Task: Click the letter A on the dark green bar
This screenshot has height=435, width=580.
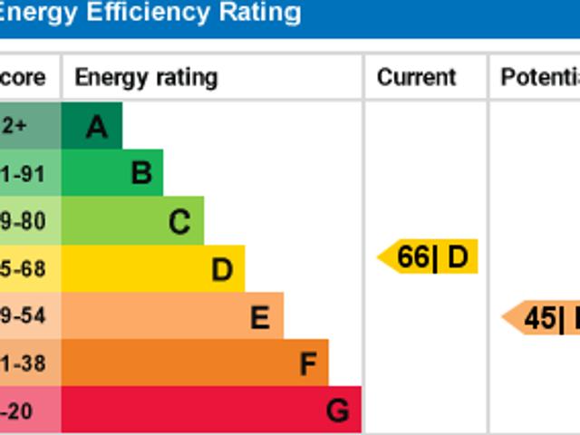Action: (x=97, y=127)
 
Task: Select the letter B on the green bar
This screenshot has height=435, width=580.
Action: (x=140, y=173)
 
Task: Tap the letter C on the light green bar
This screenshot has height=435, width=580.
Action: (x=179, y=221)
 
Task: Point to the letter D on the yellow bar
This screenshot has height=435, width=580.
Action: (x=222, y=269)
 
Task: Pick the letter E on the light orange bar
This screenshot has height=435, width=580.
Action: (x=260, y=317)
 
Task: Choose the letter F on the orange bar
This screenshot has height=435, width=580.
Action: (x=308, y=364)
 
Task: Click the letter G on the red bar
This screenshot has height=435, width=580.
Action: (x=337, y=411)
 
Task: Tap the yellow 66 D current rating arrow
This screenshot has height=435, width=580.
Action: (x=428, y=257)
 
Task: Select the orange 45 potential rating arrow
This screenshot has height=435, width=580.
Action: (x=542, y=318)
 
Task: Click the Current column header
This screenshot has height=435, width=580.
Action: (x=416, y=78)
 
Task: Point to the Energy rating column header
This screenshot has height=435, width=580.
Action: (x=146, y=78)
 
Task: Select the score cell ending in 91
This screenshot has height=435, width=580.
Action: (x=24, y=174)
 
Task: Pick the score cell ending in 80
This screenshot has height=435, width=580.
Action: (x=24, y=221)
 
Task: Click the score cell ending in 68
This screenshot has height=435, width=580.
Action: (x=24, y=269)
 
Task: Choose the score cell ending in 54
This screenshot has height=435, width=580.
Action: (x=24, y=317)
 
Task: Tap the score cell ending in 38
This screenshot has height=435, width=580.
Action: (x=24, y=364)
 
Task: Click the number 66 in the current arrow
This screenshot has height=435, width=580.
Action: (x=413, y=257)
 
